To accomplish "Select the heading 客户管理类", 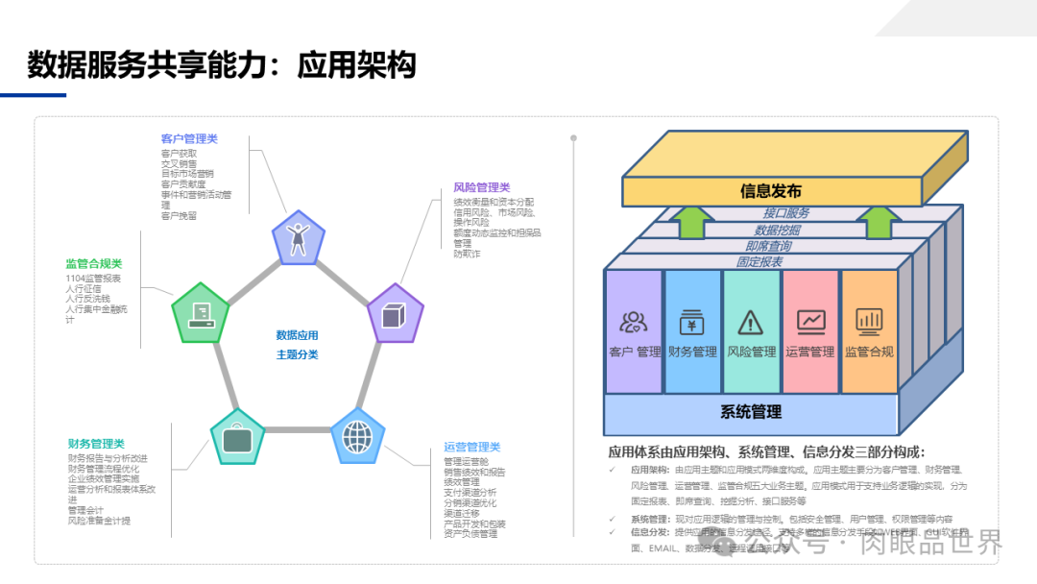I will [189, 139].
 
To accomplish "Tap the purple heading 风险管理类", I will [482, 187].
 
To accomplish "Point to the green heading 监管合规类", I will [94, 264].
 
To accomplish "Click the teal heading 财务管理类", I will [96, 444].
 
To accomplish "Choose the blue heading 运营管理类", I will [472, 447].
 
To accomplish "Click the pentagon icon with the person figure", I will [298, 237].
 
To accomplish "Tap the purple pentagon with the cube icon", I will [396, 314].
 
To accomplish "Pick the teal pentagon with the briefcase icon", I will [237, 438].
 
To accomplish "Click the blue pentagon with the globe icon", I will [357, 437].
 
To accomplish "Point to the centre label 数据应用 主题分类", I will [298, 345].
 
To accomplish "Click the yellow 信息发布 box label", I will [770, 191].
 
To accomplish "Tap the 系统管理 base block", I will [751, 412].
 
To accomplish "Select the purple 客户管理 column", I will [635, 331].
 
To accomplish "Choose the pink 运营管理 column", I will [810, 331].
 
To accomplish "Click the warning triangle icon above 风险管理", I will [751, 321].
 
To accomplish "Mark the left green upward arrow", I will [689, 222].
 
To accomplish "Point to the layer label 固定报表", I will [759, 261].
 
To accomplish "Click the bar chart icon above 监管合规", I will [869, 320].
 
